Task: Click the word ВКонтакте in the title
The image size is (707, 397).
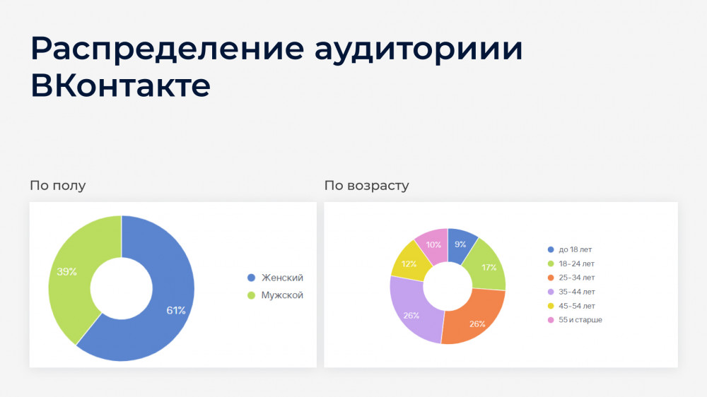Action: pyautogui.click(x=120, y=85)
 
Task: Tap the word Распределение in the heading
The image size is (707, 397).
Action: pyautogui.click(x=168, y=49)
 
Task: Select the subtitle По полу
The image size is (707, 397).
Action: pyautogui.click(x=58, y=185)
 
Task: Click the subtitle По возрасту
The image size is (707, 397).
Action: pyautogui.click(x=366, y=186)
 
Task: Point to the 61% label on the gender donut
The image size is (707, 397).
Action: pyautogui.click(x=176, y=310)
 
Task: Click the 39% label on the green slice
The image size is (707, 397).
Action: pyautogui.click(x=66, y=272)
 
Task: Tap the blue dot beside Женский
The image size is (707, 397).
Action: pyautogui.click(x=251, y=278)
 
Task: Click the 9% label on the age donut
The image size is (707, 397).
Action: pyautogui.click(x=460, y=244)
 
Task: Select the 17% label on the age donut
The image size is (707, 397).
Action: pyautogui.click(x=489, y=267)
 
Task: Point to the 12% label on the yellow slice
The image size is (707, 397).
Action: pyautogui.click(x=409, y=263)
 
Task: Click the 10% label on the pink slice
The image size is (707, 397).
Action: pyautogui.click(x=433, y=244)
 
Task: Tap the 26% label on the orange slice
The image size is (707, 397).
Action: pyautogui.click(x=477, y=324)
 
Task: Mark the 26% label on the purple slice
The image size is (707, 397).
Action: pyautogui.click(x=411, y=316)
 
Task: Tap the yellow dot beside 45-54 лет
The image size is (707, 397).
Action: pyautogui.click(x=551, y=306)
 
